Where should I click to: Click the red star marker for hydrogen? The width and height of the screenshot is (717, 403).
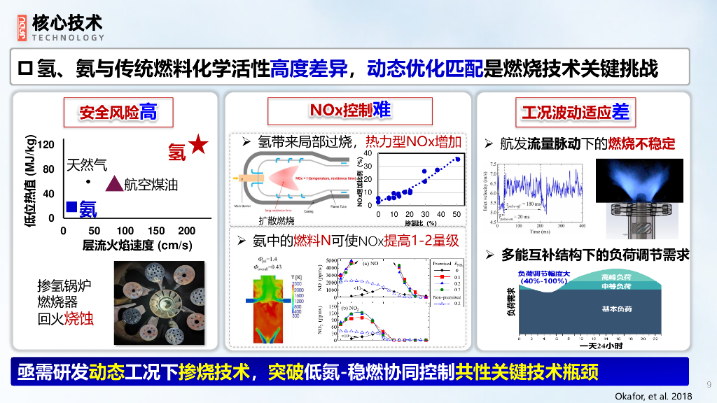198,145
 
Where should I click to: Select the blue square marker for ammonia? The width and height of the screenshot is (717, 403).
71,206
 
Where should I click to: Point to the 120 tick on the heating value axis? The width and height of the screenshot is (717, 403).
46,145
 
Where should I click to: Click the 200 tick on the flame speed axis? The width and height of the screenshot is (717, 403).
187,230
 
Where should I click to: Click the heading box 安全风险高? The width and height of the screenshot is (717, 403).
118,111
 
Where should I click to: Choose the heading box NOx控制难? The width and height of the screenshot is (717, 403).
350,110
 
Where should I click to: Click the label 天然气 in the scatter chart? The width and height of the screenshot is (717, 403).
87,166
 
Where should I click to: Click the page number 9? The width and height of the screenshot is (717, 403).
709,383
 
